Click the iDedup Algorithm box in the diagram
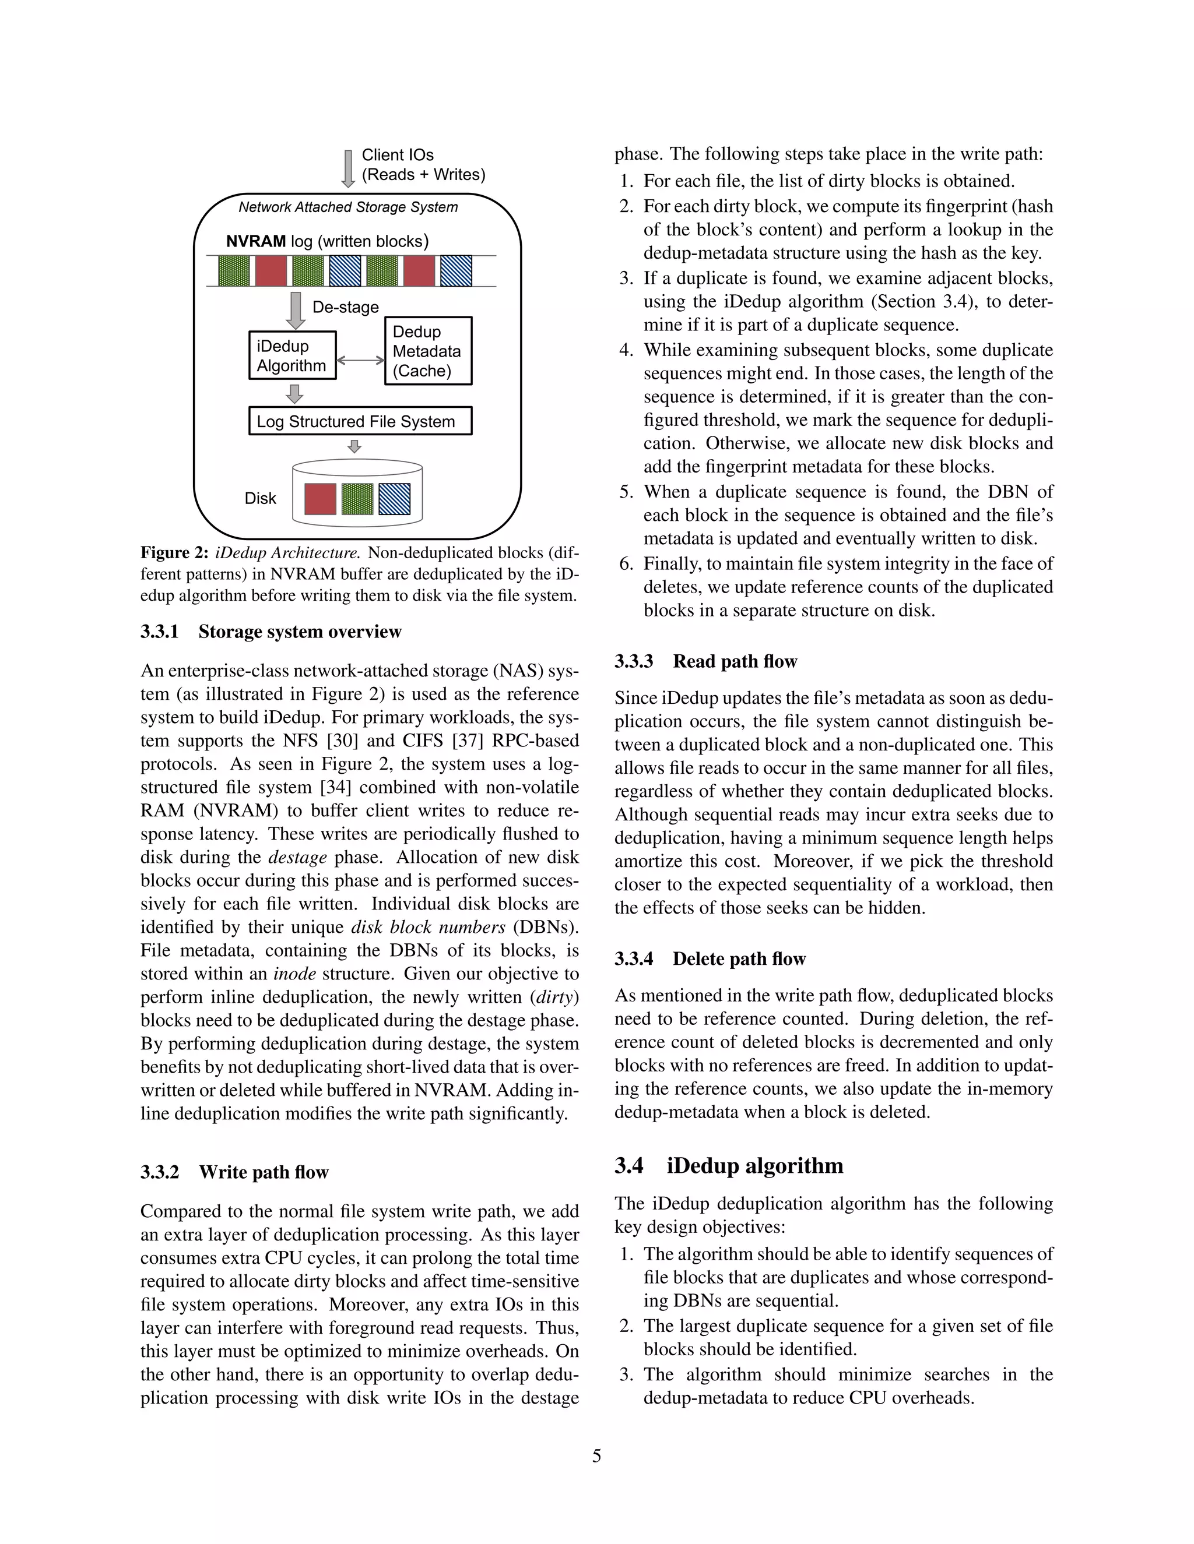point(292,355)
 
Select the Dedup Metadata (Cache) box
point(428,351)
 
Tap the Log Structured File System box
point(360,421)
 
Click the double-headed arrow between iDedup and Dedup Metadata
point(360,361)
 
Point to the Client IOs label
point(398,155)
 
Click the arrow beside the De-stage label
point(296,309)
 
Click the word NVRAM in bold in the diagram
point(256,241)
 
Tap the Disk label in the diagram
point(260,498)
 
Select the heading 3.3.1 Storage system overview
point(271,632)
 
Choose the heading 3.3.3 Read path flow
point(705,662)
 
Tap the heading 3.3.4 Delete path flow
point(710,960)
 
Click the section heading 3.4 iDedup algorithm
point(729,1166)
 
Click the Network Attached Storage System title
point(348,207)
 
